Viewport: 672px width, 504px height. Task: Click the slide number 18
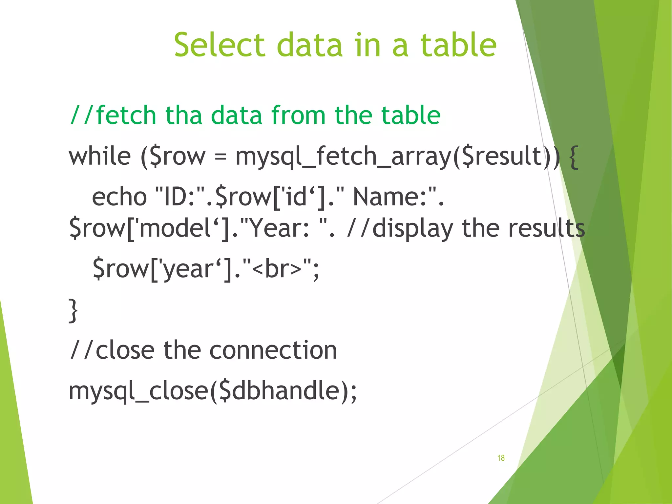pos(501,458)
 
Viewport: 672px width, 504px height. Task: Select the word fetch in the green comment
pos(126,115)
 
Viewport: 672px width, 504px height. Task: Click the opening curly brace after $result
pos(573,157)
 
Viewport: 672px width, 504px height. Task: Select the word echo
pos(119,197)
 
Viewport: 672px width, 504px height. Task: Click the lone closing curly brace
pos(73,310)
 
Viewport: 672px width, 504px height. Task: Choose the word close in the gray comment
pos(125,350)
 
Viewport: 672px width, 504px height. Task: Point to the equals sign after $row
pos(220,157)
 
